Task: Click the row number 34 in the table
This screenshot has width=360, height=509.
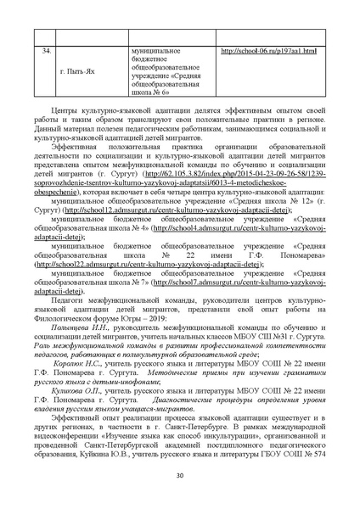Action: point(45,52)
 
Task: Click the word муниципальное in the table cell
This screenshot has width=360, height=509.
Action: point(155,52)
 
